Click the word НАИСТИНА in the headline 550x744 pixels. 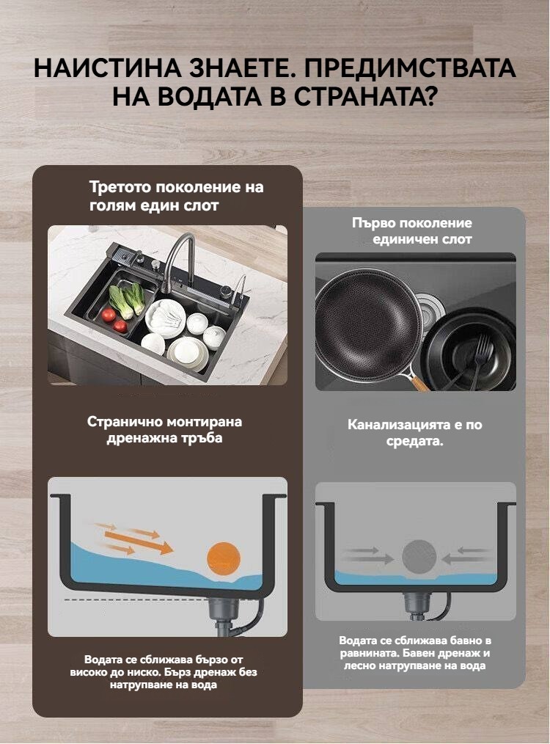click(x=108, y=68)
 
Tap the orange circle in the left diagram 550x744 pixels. click(x=224, y=558)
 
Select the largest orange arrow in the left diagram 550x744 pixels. click(x=139, y=543)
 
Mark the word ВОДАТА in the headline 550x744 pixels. click(x=197, y=96)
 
